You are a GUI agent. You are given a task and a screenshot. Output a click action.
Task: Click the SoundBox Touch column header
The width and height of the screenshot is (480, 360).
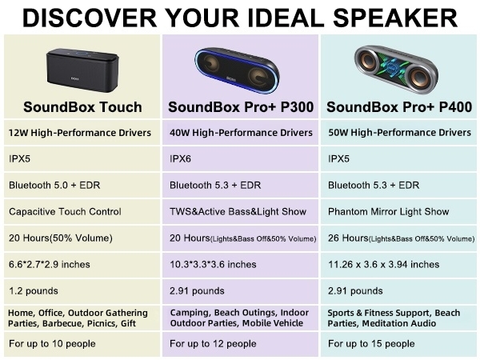pyautogui.click(x=82, y=106)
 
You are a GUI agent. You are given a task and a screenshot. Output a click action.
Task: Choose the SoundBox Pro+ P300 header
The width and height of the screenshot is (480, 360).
pyautogui.click(x=241, y=106)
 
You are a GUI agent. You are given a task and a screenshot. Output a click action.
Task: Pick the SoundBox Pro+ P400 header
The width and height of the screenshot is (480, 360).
pyautogui.click(x=399, y=106)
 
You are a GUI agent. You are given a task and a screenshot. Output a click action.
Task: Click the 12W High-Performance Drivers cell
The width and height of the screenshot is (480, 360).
pyautogui.click(x=80, y=132)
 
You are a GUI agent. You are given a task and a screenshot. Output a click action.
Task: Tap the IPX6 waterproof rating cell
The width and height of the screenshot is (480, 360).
pyautogui.click(x=180, y=158)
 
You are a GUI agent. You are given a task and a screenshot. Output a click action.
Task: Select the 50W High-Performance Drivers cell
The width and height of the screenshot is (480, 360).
pyautogui.click(x=399, y=132)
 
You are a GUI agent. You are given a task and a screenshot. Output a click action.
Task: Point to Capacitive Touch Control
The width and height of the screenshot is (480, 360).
pyautogui.click(x=65, y=212)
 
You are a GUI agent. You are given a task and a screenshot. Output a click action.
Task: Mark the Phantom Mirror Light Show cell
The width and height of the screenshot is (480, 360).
pyautogui.click(x=389, y=212)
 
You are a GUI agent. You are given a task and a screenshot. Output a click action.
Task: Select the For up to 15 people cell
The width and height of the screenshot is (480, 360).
pyautogui.click(x=372, y=343)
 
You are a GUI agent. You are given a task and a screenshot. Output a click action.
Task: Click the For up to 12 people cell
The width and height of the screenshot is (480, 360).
pyautogui.click(x=213, y=343)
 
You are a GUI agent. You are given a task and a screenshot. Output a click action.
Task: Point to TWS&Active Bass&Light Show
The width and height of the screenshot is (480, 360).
pyautogui.click(x=238, y=212)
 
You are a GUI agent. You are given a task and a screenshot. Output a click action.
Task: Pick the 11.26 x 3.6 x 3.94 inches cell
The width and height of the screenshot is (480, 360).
pyautogui.click(x=386, y=264)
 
